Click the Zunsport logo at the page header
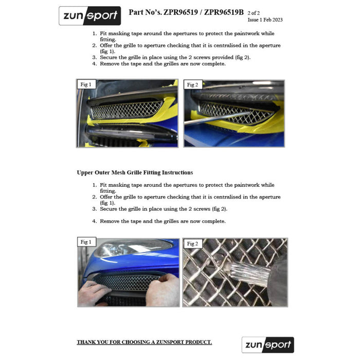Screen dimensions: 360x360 point(89,16)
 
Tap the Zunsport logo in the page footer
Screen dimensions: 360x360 point(267,345)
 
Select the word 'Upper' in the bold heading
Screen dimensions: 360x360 point(85,172)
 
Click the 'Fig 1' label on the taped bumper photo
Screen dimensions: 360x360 point(85,84)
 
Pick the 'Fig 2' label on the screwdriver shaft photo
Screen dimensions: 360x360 point(193,84)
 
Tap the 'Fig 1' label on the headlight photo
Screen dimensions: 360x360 point(85,242)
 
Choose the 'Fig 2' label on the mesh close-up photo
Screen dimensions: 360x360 point(193,243)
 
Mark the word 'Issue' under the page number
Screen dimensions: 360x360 point(254,20)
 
